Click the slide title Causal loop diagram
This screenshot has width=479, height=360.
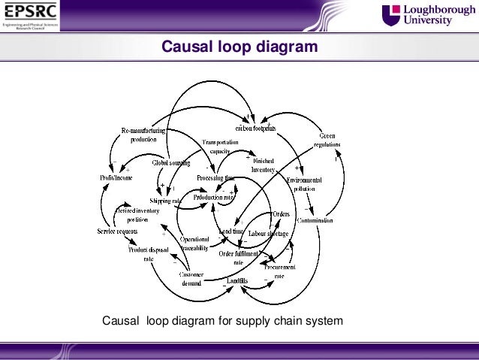[x=239, y=48]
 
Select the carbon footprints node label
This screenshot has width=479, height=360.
[x=256, y=128]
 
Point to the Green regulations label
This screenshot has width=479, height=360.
[x=327, y=141]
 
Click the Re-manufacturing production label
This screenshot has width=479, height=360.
[x=143, y=135]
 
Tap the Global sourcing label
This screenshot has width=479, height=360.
[x=171, y=162]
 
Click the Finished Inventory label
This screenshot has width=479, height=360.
[x=263, y=165]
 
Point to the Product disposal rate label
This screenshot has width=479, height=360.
[x=148, y=253]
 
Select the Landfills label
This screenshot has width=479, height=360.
[x=236, y=280]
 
